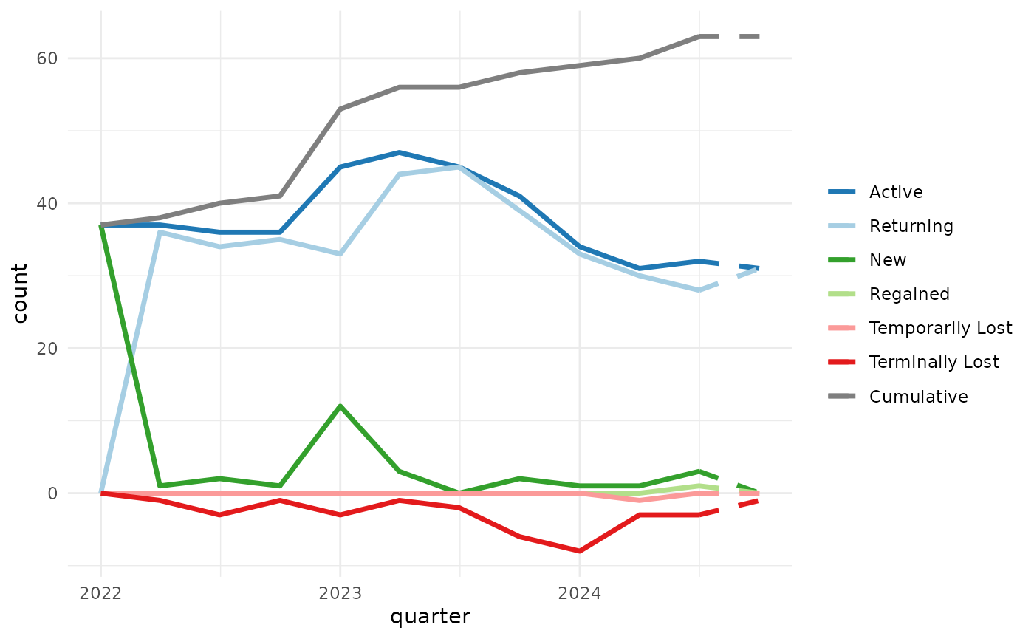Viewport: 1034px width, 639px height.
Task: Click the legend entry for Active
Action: coord(896,192)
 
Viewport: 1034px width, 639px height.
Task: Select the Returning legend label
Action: coord(911,226)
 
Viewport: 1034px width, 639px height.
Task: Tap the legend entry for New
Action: coord(887,260)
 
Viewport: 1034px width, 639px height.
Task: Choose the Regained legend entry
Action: coord(909,294)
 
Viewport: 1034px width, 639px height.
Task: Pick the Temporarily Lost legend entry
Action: coord(940,328)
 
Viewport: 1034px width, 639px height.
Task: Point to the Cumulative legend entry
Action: coord(918,397)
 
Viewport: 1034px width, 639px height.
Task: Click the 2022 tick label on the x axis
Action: coord(100,593)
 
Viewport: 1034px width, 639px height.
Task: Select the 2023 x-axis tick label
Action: coord(340,593)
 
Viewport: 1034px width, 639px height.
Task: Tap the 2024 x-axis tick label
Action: coord(579,593)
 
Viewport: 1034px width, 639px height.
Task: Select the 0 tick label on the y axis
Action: coord(52,493)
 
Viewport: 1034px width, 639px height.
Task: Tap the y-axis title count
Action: coord(20,293)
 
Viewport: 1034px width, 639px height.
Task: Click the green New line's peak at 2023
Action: coord(340,406)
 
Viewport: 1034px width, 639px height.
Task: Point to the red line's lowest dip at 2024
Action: coord(579,551)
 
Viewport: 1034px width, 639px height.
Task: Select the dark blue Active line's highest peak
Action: coord(400,152)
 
